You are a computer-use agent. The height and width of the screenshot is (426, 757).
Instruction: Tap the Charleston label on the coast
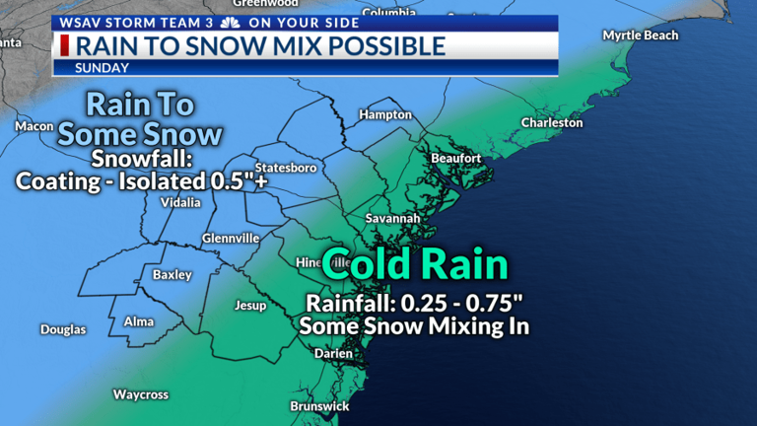tap(552, 123)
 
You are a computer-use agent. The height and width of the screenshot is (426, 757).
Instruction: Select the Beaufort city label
tap(456, 158)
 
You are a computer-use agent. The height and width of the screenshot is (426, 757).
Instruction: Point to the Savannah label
tap(392, 218)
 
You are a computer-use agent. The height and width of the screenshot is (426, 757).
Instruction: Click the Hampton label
tap(385, 114)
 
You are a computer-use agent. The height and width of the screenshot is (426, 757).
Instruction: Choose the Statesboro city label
tap(286, 168)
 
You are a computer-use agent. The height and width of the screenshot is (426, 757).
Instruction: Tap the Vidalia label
tap(180, 202)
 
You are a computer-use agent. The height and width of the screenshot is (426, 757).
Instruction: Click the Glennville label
tap(231, 239)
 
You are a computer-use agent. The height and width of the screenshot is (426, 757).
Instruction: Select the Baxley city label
tap(172, 275)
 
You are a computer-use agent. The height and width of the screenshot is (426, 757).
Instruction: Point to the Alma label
tap(138, 321)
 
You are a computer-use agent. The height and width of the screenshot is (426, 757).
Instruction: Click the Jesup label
tap(250, 306)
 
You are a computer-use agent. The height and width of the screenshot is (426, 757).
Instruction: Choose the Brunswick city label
tap(319, 406)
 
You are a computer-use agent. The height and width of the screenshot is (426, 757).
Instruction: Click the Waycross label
tap(140, 394)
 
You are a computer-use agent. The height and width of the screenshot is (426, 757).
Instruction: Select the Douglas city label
tap(63, 329)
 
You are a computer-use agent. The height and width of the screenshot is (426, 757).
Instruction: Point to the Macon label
tap(34, 126)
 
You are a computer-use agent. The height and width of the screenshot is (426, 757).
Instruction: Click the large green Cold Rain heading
tap(415, 264)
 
